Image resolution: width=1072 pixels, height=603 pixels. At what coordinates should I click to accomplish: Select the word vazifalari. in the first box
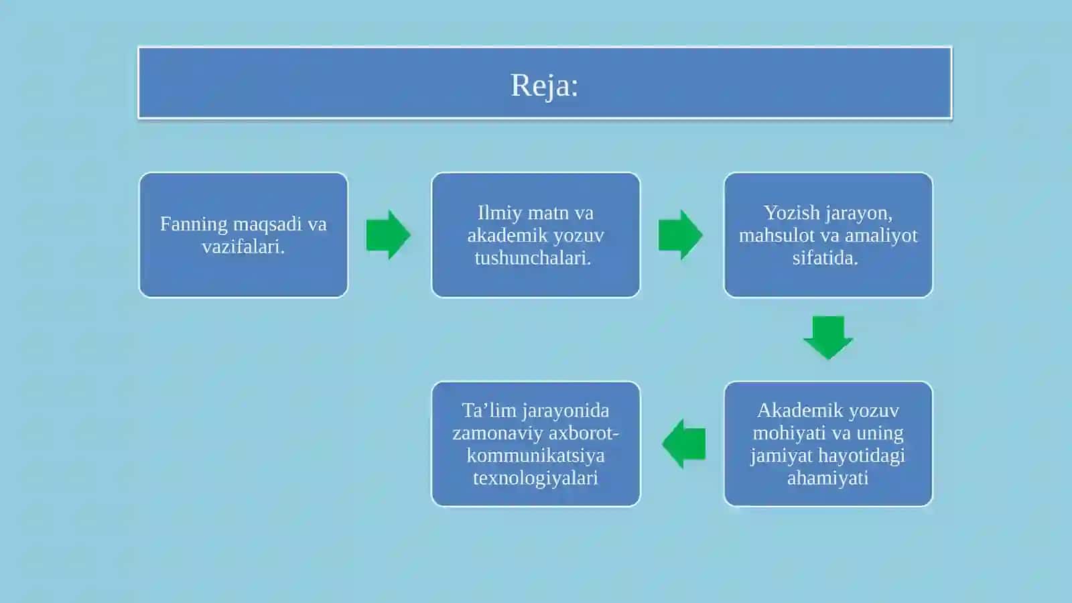pos(243,247)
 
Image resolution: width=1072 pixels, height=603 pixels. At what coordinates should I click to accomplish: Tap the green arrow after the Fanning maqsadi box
pos(388,234)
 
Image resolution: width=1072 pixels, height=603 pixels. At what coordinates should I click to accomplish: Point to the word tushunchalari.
pos(533,259)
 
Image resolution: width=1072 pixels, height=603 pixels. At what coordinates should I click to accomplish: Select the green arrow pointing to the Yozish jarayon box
pos(680,234)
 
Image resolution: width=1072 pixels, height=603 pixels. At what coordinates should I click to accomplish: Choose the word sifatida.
pos(825,259)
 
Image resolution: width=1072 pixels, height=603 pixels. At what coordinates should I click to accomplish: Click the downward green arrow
pos(828,338)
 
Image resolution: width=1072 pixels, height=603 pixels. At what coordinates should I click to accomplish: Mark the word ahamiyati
pos(827,478)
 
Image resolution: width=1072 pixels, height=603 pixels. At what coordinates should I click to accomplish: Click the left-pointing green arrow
pos(683,444)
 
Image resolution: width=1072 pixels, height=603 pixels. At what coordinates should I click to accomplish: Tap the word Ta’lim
pos(488,411)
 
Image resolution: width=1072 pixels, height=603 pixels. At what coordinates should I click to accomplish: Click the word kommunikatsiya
pos(535,456)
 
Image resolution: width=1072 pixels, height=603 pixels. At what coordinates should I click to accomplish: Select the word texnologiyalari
pos(535,478)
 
